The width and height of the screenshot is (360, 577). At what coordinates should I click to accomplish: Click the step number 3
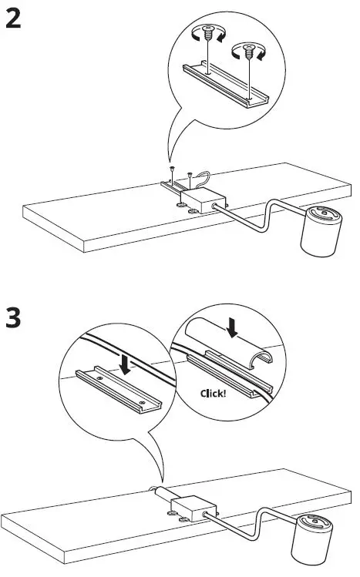click(x=13, y=318)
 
